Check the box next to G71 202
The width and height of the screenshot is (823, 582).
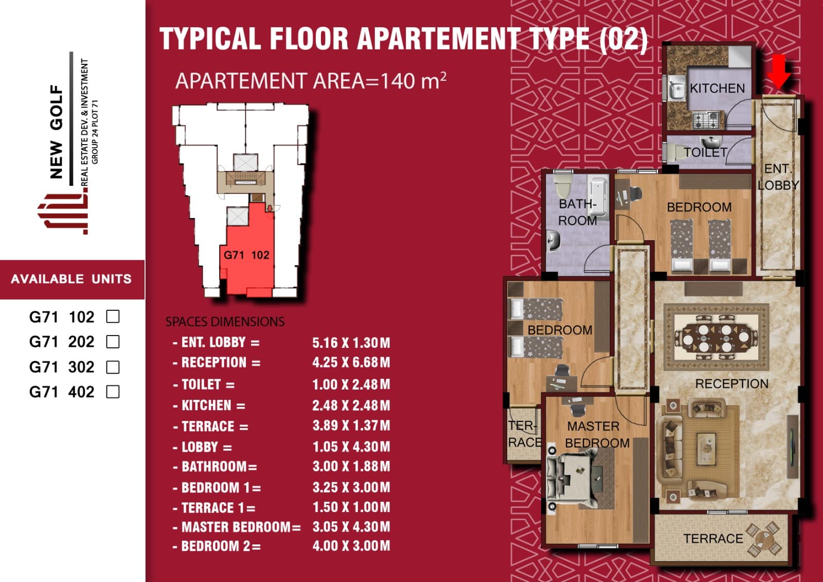113,342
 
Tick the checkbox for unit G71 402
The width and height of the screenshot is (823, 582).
113,392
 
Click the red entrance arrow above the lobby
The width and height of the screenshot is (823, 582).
778,72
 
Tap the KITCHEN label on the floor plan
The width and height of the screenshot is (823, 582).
717,88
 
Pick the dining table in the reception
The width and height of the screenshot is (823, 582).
715,337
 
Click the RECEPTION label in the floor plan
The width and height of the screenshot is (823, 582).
731,384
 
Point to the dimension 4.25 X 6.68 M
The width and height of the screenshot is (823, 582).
351,362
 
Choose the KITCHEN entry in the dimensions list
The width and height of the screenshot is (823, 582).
209,405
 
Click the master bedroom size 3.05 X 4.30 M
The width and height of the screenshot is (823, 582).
351,526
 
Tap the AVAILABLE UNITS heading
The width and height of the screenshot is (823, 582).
71,279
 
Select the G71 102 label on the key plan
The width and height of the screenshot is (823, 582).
246,255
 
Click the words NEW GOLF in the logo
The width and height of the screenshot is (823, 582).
57,131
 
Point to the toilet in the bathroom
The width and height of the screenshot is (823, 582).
563,186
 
